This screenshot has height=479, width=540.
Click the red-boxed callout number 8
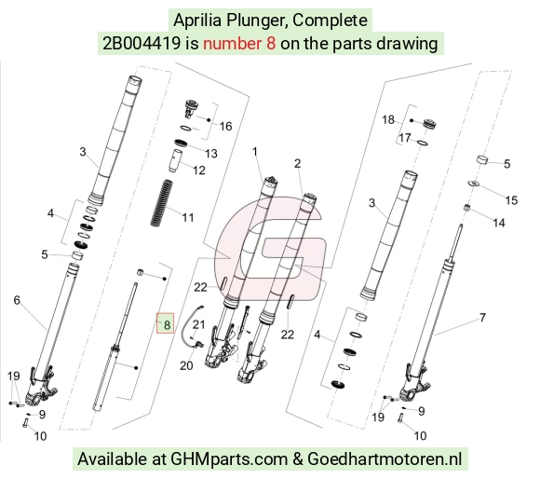[x=167, y=324]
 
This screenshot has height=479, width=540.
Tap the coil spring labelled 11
[x=161, y=203]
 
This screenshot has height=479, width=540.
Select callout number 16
[x=225, y=127]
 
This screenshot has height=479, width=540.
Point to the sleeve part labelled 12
[x=176, y=160]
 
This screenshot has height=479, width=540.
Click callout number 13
[x=211, y=154]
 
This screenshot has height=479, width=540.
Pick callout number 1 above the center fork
[x=255, y=152]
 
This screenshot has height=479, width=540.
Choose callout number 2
[x=298, y=163]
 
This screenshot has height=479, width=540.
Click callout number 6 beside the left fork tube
[x=17, y=300]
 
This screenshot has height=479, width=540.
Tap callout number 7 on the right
[x=482, y=318]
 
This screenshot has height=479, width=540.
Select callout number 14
[x=499, y=223]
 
